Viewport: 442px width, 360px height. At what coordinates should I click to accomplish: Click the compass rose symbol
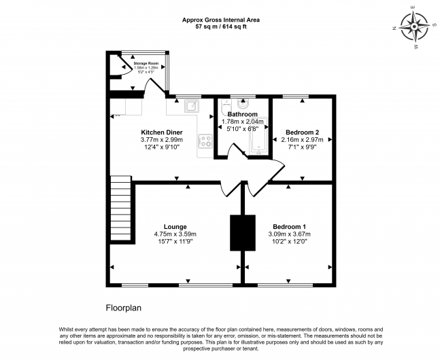point(413,28)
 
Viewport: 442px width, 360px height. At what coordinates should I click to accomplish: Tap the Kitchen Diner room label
point(161,132)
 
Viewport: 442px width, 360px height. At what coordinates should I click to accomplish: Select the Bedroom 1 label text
point(289,226)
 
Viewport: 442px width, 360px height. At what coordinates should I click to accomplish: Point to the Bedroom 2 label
point(303,132)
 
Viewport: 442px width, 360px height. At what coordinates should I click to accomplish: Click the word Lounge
point(175,226)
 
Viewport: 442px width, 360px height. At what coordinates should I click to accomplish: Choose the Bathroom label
point(242,114)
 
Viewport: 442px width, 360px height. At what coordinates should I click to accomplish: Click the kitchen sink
point(191,105)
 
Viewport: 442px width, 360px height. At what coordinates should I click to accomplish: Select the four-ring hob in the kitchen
point(205,141)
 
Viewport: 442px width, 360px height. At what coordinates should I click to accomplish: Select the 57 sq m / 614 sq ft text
point(220,26)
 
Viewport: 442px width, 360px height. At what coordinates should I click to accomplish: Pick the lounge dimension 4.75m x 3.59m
point(175,235)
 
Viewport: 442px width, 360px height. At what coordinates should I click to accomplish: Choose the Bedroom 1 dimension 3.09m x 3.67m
point(289,235)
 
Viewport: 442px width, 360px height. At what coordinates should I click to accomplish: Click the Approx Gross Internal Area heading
point(220,20)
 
